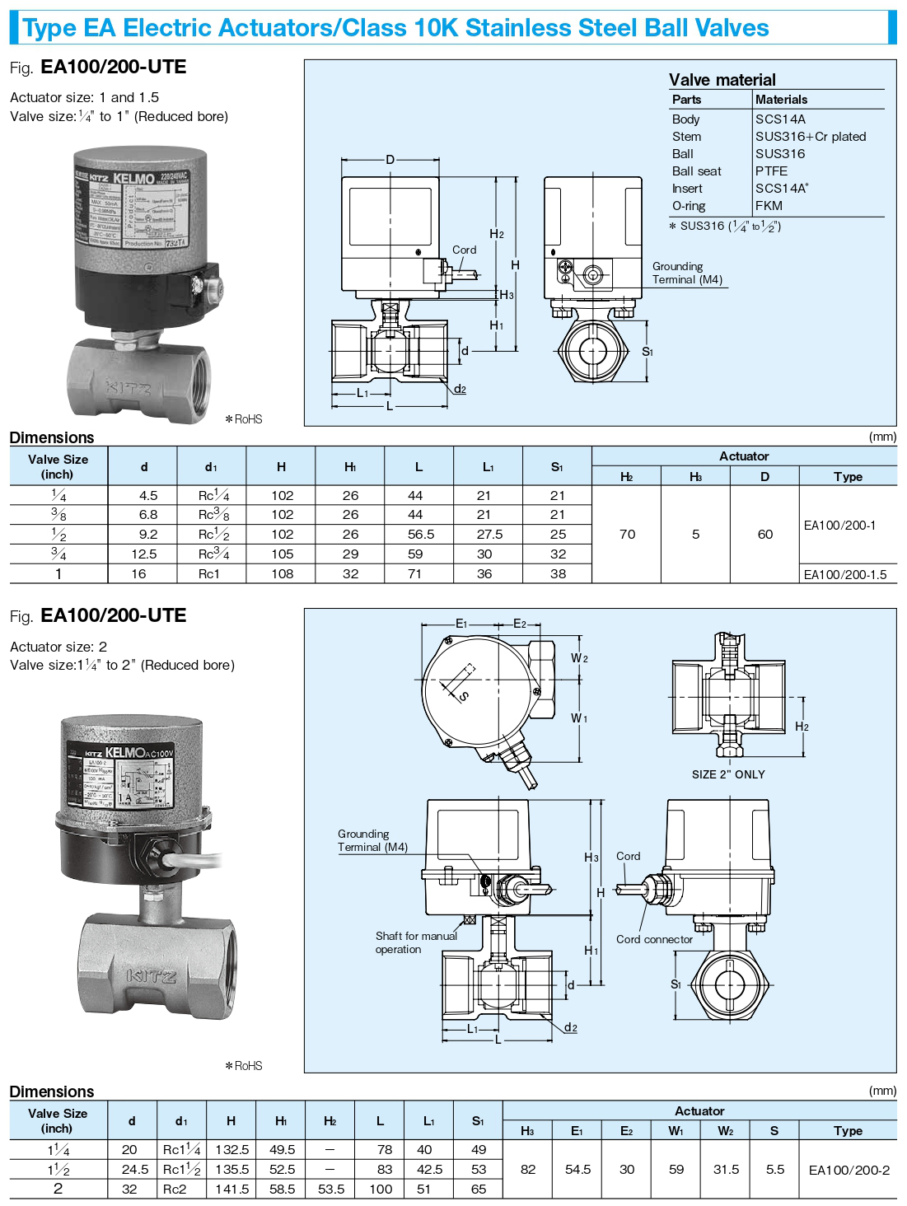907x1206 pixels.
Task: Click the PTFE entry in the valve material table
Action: (x=771, y=171)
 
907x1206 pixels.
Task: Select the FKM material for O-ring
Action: (x=769, y=206)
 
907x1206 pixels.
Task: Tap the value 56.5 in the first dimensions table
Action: (x=420, y=535)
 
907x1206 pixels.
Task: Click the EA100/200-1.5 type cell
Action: (x=845, y=575)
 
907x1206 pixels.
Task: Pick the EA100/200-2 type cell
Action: (x=849, y=1170)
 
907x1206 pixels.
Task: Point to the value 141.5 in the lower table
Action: (x=231, y=1190)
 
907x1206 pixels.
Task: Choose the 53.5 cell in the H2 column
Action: (x=330, y=1190)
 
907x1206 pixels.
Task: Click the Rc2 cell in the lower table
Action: (x=175, y=1190)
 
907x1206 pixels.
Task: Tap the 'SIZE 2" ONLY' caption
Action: (x=728, y=775)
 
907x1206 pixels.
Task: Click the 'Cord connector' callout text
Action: (x=654, y=940)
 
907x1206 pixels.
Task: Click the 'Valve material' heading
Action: (x=722, y=80)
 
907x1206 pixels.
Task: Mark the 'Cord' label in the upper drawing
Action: (x=464, y=250)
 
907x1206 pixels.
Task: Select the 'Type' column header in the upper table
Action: (x=848, y=477)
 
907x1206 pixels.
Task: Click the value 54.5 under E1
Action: (x=577, y=1170)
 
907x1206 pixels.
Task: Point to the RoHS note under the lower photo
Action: (x=244, y=1066)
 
